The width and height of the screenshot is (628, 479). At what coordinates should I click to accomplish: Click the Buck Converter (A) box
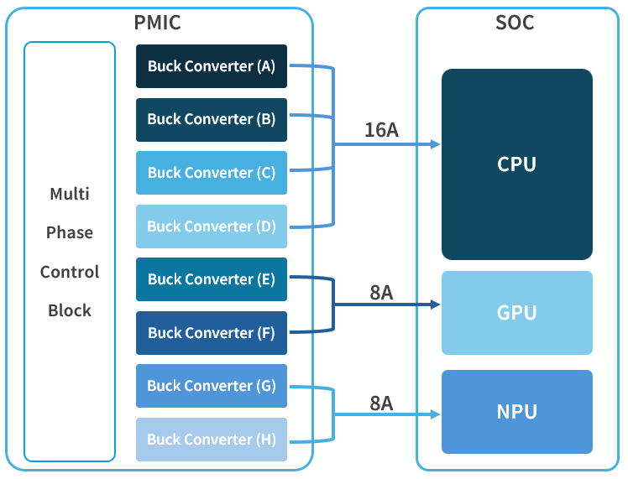tap(212, 66)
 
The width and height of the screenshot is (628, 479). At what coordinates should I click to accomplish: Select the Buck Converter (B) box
tap(212, 119)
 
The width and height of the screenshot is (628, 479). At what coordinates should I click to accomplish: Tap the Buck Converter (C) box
tap(212, 173)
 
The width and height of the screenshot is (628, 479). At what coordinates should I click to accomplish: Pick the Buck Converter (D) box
tap(212, 226)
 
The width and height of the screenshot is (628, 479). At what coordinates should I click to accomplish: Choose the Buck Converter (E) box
tap(212, 279)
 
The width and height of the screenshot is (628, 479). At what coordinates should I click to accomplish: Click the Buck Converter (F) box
tap(212, 333)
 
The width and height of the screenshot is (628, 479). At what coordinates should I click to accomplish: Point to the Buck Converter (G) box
tap(212, 386)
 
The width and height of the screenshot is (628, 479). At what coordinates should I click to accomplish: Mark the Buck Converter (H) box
tap(212, 440)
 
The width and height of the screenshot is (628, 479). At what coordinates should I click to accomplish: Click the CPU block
tap(516, 164)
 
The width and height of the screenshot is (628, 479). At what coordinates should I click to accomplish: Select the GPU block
tap(516, 313)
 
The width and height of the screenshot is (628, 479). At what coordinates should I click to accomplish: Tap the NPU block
tap(516, 412)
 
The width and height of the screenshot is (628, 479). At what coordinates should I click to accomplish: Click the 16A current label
tap(381, 130)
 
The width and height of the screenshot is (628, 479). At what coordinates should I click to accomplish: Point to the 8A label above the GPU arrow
tap(381, 292)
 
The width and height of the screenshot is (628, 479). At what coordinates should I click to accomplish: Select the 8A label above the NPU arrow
tap(381, 404)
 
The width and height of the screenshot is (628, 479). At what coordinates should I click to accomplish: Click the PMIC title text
tap(157, 23)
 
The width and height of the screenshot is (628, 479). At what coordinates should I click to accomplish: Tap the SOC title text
tap(515, 23)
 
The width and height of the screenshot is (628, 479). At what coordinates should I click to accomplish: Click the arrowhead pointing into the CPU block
tap(436, 144)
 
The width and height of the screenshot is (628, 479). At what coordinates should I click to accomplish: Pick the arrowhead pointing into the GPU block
tap(436, 305)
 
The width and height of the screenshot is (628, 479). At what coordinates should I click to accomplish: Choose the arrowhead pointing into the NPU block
tap(436, 414)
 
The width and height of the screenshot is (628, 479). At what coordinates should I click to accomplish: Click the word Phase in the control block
tap(70, 232)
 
